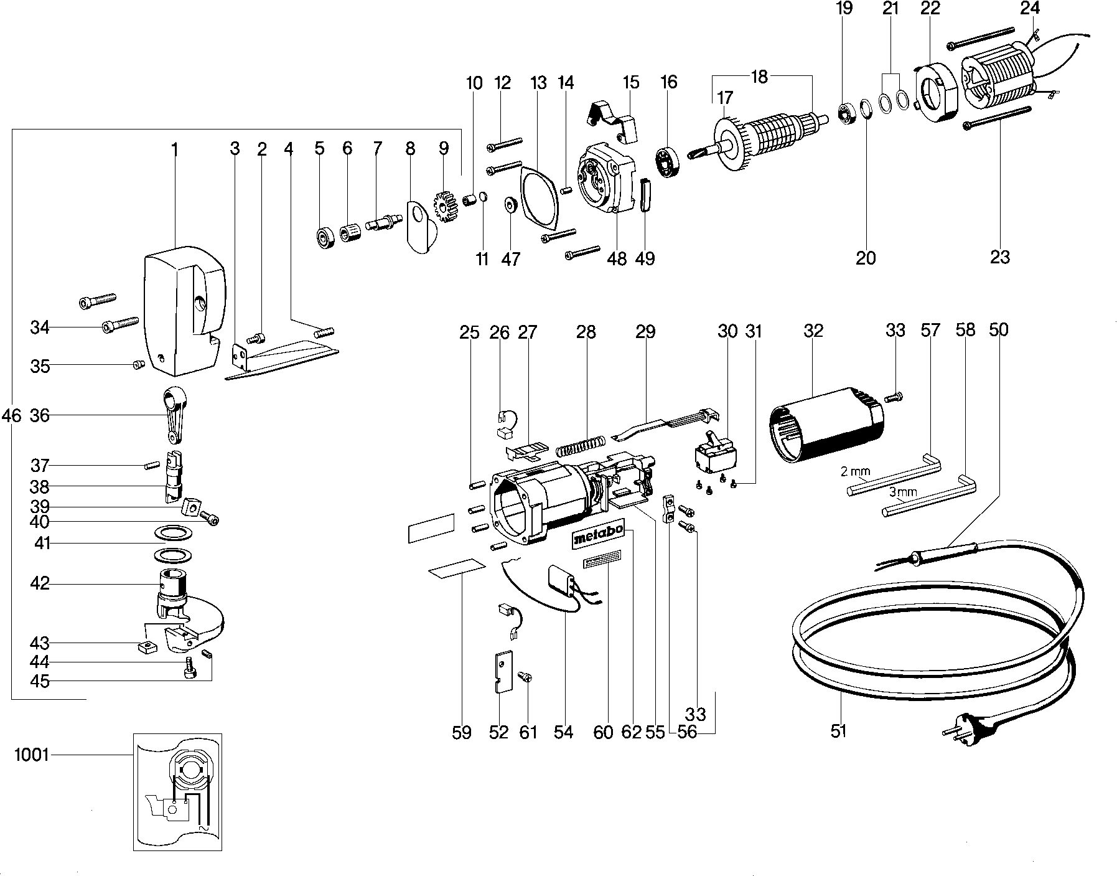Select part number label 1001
click(31, 755)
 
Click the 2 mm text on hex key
click(855, 471)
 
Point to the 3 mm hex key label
click(902, 492)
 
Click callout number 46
click(11, 415)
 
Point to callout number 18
click(760, 77)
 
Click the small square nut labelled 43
click(146, 646)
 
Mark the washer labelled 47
click(511, 204)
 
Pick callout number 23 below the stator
click(999, 257)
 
